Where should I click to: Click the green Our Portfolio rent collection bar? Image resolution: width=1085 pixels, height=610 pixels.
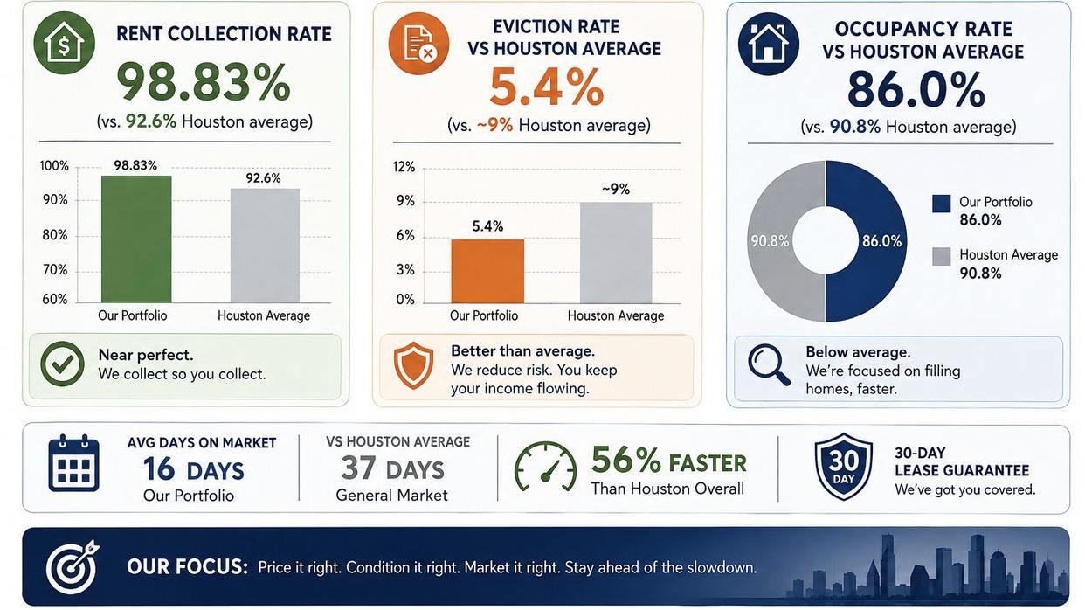pyautogui.click(x=136, y=239)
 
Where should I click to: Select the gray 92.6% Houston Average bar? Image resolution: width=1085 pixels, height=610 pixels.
pyautogui.click(x=265, y=246)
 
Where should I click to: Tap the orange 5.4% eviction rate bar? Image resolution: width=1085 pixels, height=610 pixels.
pyautogui.click(x=487, y=271)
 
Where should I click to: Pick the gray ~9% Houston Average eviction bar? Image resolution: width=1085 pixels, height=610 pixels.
pyautogui.click(x=616, y=253)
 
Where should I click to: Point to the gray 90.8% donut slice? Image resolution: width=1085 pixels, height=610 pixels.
pyautogui.click(x=771, y=241)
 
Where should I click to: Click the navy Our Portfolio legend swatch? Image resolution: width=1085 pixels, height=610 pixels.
pyautogui.click(x=941, y=204)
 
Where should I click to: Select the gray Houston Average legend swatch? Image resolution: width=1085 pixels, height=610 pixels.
pyautogui.click(x=941, y=256)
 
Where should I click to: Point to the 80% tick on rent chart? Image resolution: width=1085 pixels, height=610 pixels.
pyautogui.click(x=55, y=235)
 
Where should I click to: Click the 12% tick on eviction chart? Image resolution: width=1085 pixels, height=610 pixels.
pyautogui.click(x=404, y=167)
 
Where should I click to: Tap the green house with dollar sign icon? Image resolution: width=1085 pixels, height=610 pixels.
pyautogui.click(x=65, y=43)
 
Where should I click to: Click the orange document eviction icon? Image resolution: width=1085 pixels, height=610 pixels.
pyautogui.click(x=419, y=44)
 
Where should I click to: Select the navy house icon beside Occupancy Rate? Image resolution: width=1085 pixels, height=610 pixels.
pyautogui.click(x=768, y=44)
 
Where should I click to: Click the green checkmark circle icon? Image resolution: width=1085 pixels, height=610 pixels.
pyautogui.click(x=63, y=364)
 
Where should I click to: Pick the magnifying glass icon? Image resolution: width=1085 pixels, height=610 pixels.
pyautogui.click(x=769, y=364)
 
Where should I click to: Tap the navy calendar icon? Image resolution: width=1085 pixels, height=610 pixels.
pyautogui.click(x=73, y=463)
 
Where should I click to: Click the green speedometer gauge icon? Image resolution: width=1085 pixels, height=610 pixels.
pyautogui.click(x=545, y=467)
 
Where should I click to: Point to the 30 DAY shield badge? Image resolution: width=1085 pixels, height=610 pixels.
pyautogui.click(x=843, y=467)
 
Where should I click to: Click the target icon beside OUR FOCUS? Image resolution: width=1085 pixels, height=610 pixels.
pyautogui.click(x=73, y=567)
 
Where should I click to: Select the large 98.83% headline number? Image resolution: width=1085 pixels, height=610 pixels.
pyautogui.click(x=204, y=83)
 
